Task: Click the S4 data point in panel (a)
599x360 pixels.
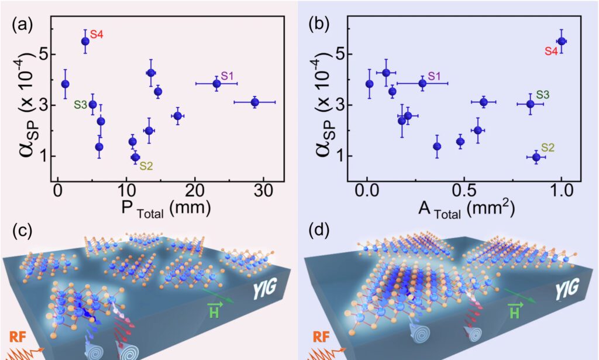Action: click(85, 41)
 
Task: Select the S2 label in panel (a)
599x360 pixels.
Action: click(146, 166)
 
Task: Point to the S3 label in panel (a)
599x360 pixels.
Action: click(80, 105)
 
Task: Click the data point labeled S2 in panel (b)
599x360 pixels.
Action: click(536, 157)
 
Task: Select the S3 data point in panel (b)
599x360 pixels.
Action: click(531, 104)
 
